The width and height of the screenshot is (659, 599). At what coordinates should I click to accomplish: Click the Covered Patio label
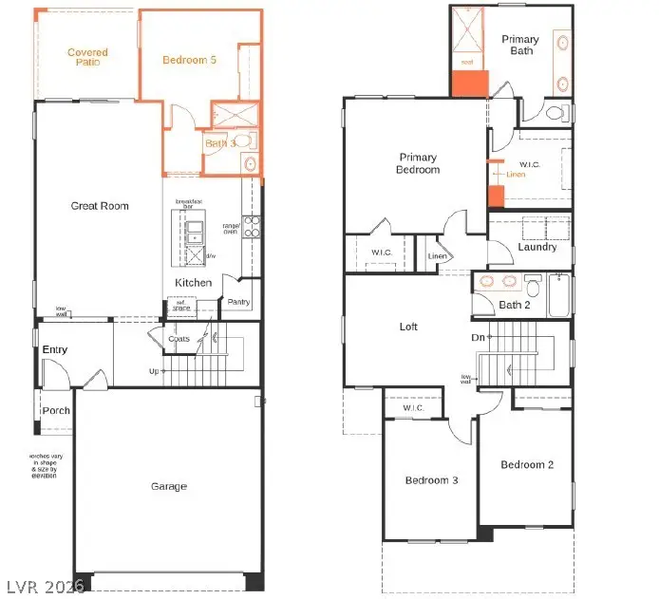[x=87, y=58]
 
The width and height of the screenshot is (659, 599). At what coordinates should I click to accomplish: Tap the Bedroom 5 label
[x=189, y=60]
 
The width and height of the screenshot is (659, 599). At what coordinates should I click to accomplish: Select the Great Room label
[x=100, y=206]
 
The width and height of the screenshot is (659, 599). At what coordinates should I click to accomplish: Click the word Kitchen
[x=193, y=283]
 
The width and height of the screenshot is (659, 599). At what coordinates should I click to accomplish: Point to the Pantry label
[x=236, y=302]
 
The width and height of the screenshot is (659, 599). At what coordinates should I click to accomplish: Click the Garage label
[x=169, y=487]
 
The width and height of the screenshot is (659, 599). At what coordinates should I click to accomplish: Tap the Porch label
[x=56, y=411]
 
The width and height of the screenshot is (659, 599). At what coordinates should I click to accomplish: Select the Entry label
[x=55, y=350]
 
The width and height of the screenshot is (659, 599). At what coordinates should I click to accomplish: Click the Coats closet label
[x=179, y=339]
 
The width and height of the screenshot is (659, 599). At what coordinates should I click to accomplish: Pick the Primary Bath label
[x=520, y=45]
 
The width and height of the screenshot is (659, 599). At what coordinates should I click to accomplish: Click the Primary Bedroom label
[x=419, y=163]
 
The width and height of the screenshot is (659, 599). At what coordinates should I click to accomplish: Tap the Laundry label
[x=537, y=248]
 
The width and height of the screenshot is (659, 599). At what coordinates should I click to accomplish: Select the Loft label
[x=408, y=327]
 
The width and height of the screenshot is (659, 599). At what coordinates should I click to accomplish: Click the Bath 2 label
[x=514, y=305]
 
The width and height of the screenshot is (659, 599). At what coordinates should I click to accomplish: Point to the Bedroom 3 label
[x=431, y=480]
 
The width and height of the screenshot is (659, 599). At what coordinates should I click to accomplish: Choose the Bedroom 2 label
[x=528, y=464]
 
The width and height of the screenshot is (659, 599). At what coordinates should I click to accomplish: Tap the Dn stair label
[x=480, y=337]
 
